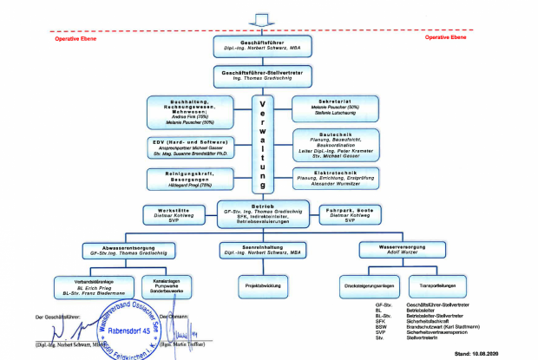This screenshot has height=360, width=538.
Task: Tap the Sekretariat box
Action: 337,108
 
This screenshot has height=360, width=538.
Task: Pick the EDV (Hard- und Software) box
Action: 188,147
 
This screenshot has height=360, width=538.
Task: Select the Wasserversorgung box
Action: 390,250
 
